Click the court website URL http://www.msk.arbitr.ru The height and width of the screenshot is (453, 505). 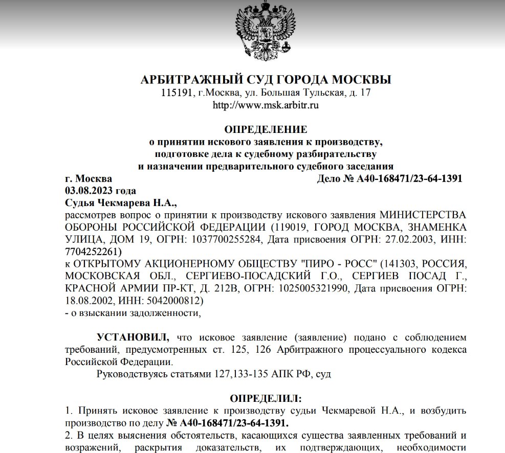pos(266,105)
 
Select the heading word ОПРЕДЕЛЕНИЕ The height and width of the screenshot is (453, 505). pos(266,129)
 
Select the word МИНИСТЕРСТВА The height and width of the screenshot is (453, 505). pos(422,215)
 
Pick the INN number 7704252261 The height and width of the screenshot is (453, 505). pos(93,251)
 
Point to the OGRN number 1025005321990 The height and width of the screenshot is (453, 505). pos(312,288)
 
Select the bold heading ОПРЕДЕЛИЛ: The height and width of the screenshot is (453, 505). pos(266,398)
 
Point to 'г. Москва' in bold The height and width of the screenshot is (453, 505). pos(89,178)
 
